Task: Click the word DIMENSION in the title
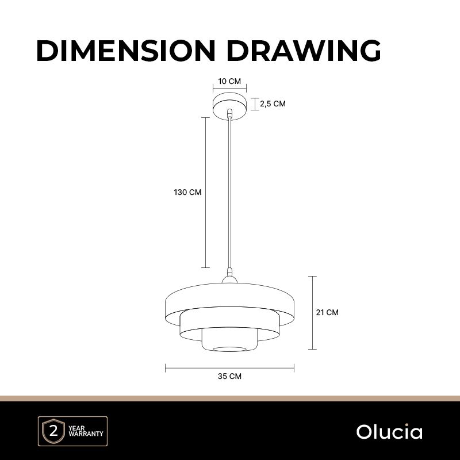coord(125,51)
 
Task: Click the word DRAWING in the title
coord(304,51)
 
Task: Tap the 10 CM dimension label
coord(229,81)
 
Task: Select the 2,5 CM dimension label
coord(273,103)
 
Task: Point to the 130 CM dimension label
coord(187,192)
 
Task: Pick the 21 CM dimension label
coord(327,312)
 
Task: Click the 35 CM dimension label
coord(229,376)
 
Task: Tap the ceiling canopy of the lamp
coord(229,106)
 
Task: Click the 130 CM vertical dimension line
coord(205,193)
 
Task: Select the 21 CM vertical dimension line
coord(312,313)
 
